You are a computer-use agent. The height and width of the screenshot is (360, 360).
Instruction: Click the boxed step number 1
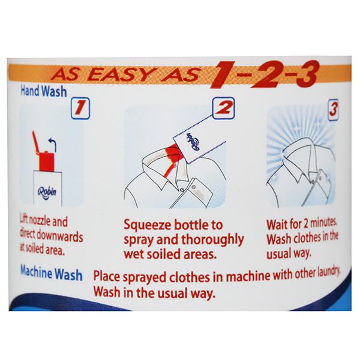point(80,109)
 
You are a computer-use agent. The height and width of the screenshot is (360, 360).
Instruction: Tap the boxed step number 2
point(223,108)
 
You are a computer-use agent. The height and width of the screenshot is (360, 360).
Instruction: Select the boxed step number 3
point(334,110)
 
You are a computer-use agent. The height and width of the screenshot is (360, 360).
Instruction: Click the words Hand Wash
point(44,91)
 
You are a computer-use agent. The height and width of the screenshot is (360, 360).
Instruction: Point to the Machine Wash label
point(52,273)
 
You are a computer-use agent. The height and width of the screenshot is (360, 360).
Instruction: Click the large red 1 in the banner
point(223,74)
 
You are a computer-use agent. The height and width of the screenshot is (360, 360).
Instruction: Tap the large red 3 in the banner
point(307,73)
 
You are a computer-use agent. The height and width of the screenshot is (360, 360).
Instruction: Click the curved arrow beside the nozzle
point(53,145)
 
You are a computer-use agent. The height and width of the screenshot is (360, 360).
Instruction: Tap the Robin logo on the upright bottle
point(47,193)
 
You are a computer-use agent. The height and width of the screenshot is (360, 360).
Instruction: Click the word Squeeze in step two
point(149,226)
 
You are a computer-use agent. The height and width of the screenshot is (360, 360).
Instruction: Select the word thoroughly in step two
point(212,240)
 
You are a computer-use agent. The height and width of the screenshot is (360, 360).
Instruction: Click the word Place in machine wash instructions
point(107,277)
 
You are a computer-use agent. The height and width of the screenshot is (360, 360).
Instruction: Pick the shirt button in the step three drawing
point(313,182)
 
